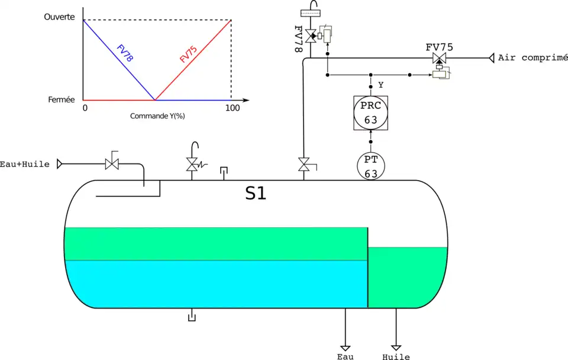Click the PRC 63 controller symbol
[370, 113]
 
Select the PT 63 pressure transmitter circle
[371, 166]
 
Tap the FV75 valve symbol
[439, 59]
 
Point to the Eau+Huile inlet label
[24, 163]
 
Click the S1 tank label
[256, 194]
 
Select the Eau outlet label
[346, 356]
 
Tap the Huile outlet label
[396, 357]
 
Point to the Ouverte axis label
[60, 17]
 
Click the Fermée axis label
[62, 100]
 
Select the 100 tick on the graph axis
[233, 108]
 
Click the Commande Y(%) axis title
[158, 116]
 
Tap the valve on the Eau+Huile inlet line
[112, 163]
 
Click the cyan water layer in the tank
[213, 284]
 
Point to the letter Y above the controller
[380, 85]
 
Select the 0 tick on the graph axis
[85, 108]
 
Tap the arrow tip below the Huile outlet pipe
[396, 348]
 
